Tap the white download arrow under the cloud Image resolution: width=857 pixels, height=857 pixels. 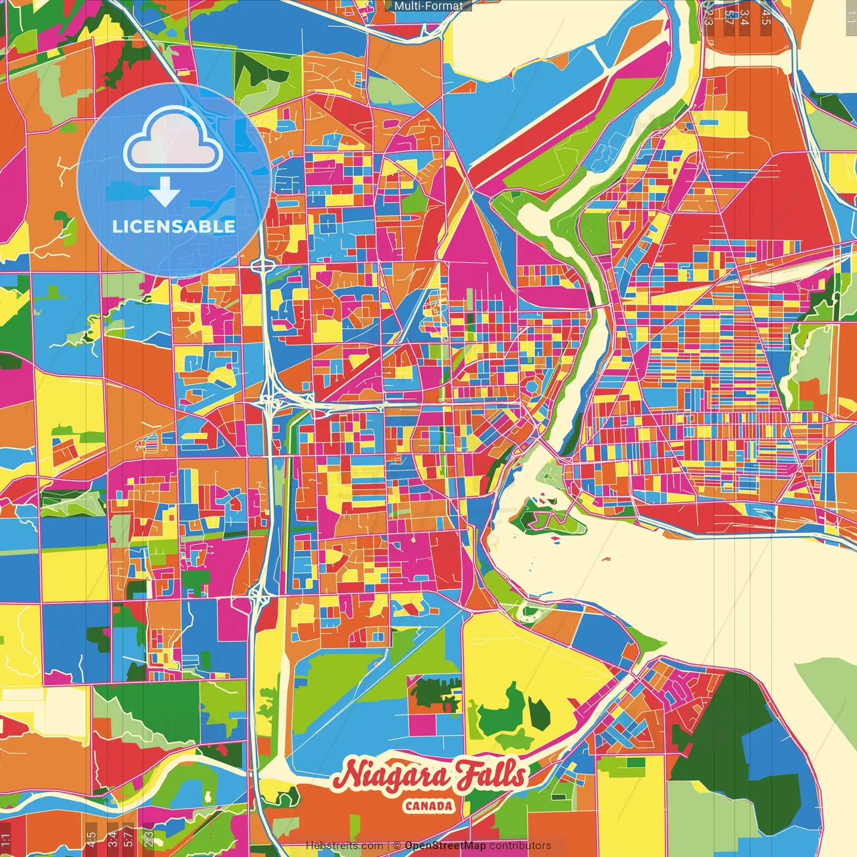pos(165,192)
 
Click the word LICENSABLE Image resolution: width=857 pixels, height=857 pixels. pos(173,226)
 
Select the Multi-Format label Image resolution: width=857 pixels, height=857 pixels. pos(428,6)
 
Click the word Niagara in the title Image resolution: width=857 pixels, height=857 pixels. pos(391,777)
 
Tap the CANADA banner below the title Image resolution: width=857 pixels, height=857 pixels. pos(428,806)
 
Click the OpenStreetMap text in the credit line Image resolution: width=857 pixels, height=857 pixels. pos(445,846)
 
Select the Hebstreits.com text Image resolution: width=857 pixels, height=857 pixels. pos(344,846)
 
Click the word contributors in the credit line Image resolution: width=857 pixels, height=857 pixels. pos(520,846)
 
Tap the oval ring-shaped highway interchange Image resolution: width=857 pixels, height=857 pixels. pos(262,266)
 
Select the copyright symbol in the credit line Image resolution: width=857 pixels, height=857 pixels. pos(396,846)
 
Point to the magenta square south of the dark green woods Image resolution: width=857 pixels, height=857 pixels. pos(422,723)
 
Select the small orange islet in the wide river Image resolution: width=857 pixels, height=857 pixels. pos(605,558)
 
